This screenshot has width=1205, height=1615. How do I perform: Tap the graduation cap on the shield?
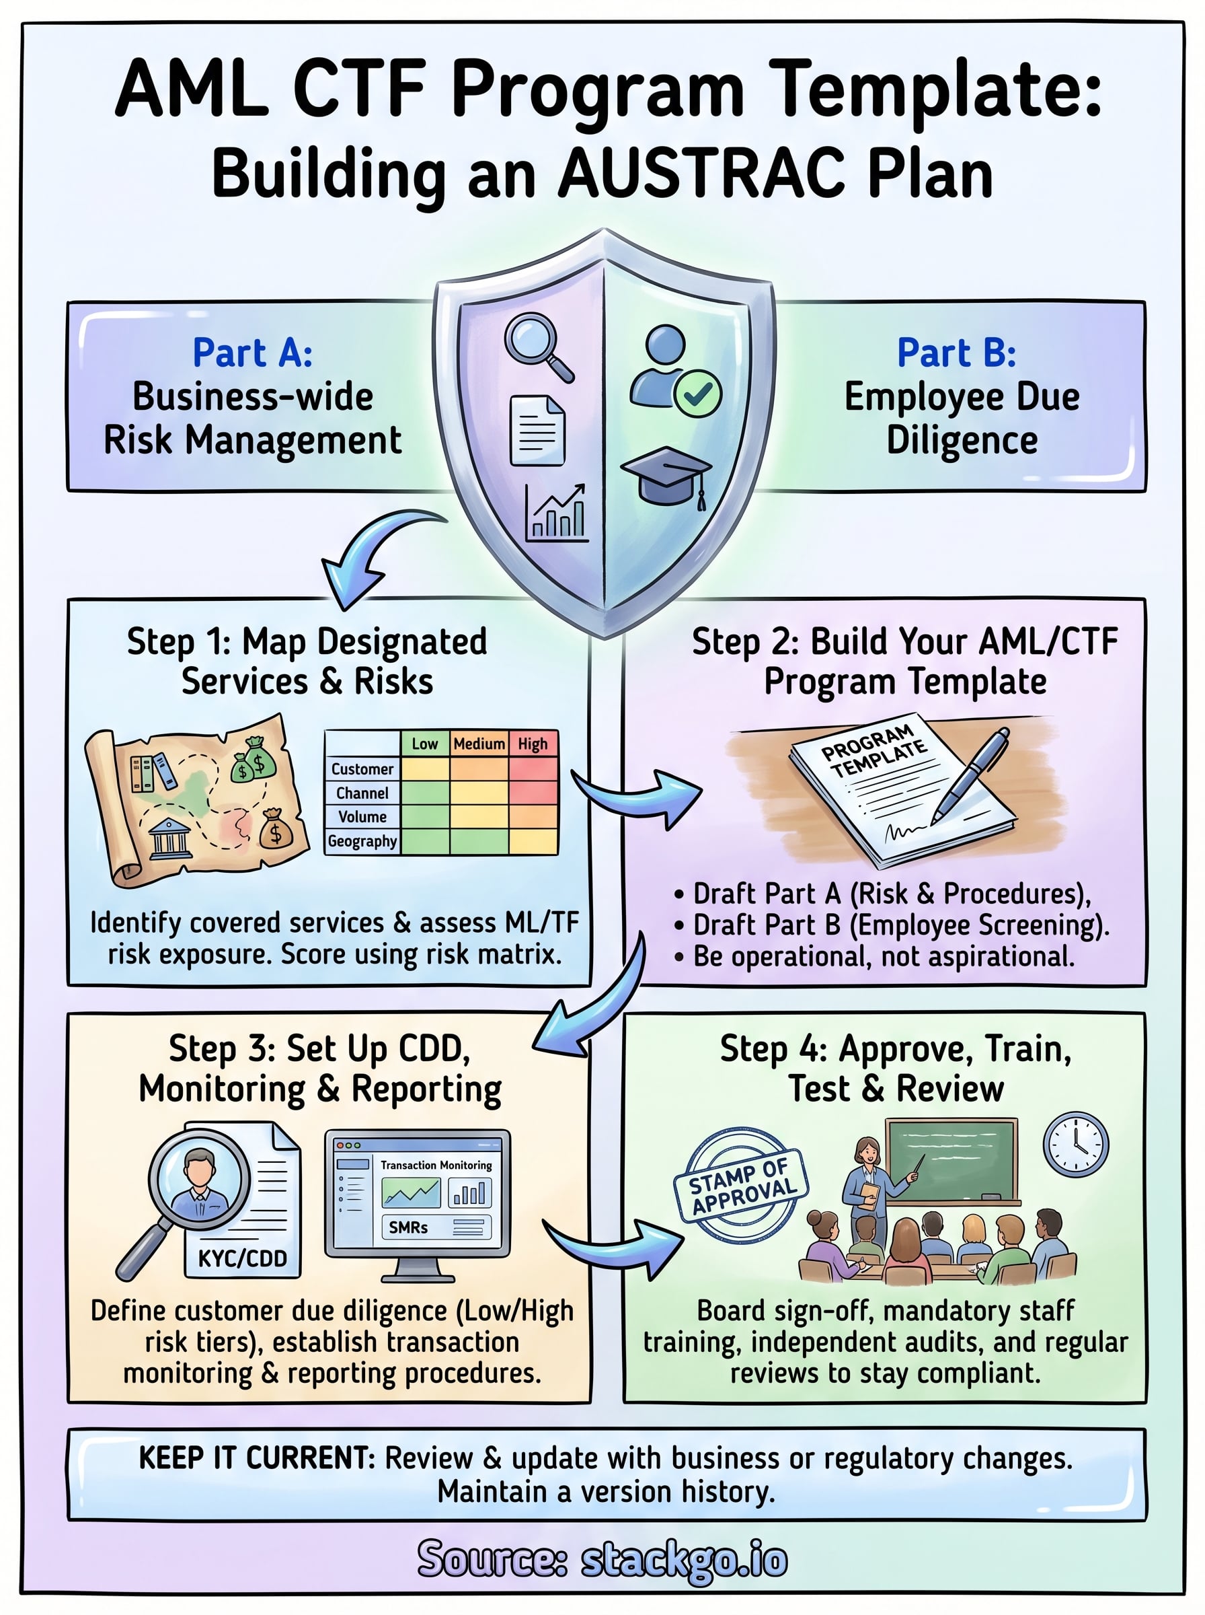coord(666,475)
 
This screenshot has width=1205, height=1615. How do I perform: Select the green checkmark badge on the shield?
coord(697,394)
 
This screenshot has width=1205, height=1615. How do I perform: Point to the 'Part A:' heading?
coord(252,353)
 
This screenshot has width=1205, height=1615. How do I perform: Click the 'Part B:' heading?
coord(956,353)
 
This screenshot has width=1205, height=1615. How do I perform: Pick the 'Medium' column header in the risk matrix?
coord(479,744)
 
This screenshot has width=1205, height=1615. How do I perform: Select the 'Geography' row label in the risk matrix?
coord(362,840)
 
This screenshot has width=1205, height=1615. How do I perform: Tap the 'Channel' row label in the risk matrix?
coord(362,793)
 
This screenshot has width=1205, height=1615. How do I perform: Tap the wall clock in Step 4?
coord(1075,1143)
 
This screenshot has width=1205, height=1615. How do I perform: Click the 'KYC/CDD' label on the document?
coord(243,1258)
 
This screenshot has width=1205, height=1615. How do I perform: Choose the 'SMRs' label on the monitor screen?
coord(408,1227)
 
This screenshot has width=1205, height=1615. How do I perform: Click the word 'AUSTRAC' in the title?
coord(699,174)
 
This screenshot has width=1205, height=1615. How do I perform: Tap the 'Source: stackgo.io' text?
coord(602,1560)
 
